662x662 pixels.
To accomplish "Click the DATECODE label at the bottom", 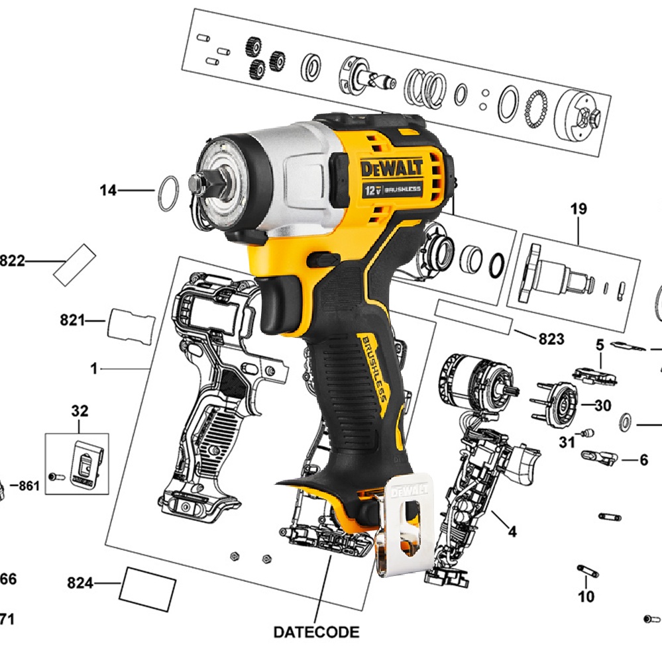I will pos(316,632).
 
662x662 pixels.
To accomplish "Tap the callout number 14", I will pos(108,191).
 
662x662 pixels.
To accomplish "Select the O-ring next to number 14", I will pos(167,193).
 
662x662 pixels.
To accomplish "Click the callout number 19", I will pos(579,209).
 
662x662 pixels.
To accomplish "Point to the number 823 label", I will pos(551,339).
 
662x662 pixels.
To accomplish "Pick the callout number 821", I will pos(72,320).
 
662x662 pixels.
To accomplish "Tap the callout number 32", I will pos(80,411).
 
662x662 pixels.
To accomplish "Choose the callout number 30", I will pos(602,405).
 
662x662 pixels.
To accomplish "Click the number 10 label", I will pos(586,597).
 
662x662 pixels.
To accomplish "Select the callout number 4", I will pos(512,531).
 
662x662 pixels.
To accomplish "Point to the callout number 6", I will pos(643,459).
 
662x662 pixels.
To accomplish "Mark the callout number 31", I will pos(566,442).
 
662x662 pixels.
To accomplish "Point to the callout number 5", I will pos(600,344).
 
